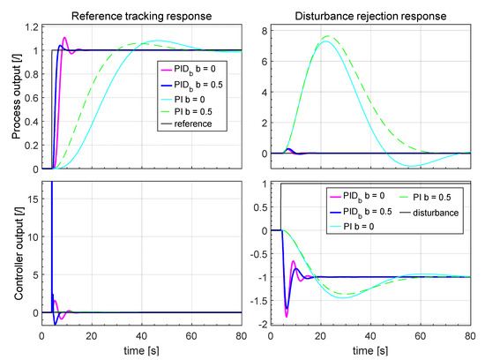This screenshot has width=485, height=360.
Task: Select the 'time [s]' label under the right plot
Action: tap(367, 350)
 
